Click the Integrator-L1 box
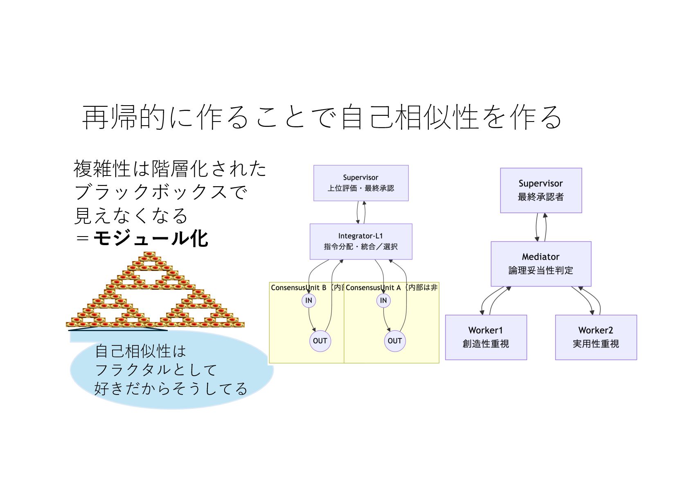tap(360, 241)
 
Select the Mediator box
tap(540, 263)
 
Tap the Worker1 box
tap(486, 337)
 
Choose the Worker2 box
tap(595, 337)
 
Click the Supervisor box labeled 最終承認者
tap(540, 190)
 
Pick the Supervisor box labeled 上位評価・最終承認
tap(360, 183)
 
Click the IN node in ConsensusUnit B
tap(308, 300)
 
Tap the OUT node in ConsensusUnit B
tap(320, 341)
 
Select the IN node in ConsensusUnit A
tap(383, 300)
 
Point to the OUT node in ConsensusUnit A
tap(394, 341)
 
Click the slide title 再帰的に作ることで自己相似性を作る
tap(322, 117)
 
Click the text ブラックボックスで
tap(161, 192)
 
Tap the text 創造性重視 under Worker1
tap(486, 344)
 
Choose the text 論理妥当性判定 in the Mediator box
tap(540, 271)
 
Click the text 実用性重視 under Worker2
tap(595, 344)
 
